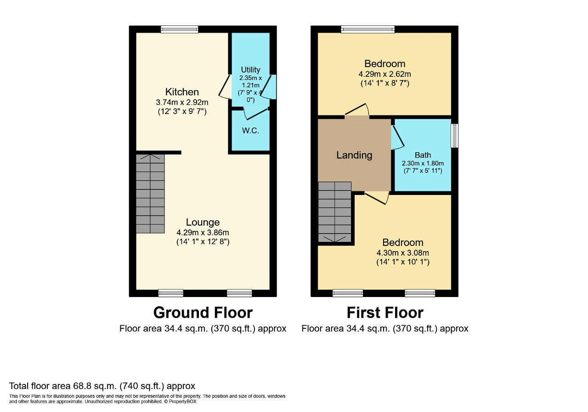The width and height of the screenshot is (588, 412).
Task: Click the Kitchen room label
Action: tap(182, 92)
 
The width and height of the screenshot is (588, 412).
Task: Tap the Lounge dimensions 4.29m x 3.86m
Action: tap(203, 233)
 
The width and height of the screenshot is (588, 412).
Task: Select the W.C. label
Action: tap(250, 131)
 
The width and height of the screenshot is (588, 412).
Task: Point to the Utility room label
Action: tap(250, 69)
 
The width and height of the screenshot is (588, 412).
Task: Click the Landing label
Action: tap(354, 155)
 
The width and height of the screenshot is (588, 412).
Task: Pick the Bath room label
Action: tap(423, 155)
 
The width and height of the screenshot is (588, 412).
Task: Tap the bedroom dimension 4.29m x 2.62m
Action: tap(385, 74)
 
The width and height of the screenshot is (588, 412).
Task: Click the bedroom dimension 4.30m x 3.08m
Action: tap(403, 253)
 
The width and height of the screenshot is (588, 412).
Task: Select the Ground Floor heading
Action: tap(203, 313)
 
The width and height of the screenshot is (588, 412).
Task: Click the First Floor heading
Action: tap(385, 313)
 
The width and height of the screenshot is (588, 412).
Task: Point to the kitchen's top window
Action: tap(180, 29)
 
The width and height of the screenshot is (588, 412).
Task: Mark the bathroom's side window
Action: tap(455, 136)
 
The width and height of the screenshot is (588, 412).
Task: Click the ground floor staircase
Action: tap(150, 194)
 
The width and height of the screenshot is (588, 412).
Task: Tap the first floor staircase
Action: tap(335, 212)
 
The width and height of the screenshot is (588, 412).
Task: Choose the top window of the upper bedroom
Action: tap(368, 29)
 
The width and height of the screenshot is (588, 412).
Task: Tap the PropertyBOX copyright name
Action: tap(182, 401)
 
